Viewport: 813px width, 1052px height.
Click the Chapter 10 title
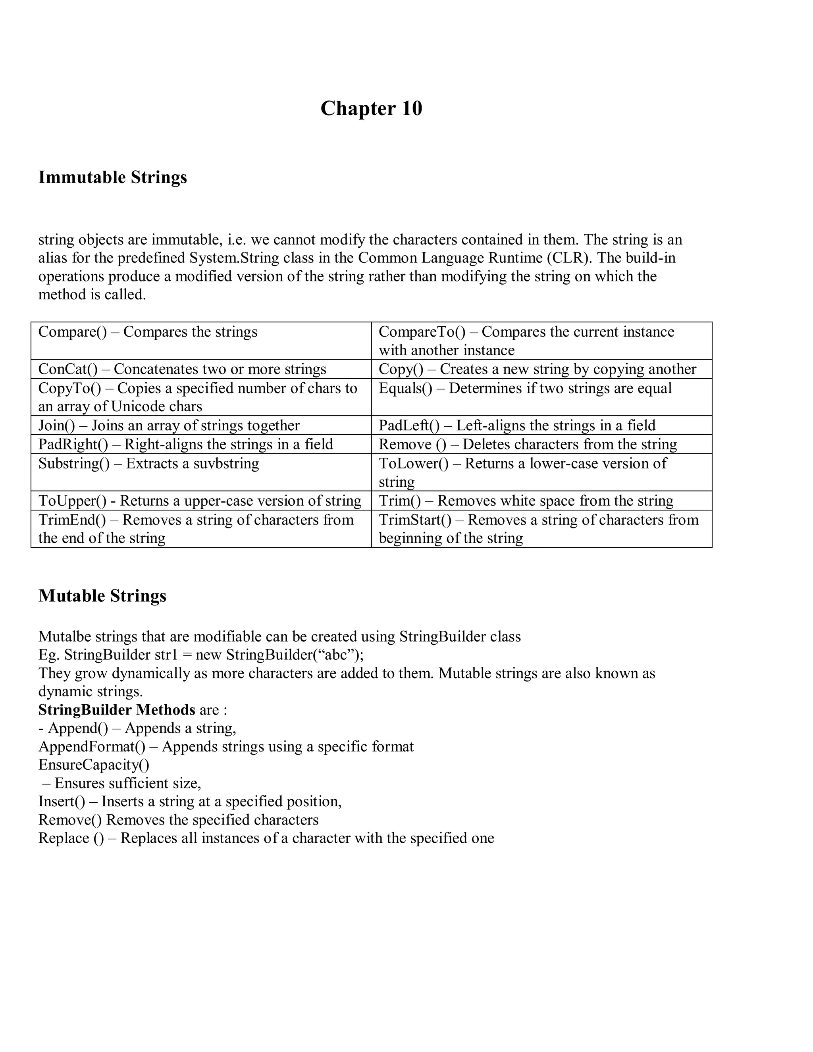click(x=371, y=108)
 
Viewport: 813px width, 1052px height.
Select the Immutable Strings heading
click(x=113, y=177)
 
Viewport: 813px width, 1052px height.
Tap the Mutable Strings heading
click(x=102, y=596)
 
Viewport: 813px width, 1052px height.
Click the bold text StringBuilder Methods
click(x=117, y=710)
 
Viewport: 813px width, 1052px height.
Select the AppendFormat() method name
click(x=92, y=747)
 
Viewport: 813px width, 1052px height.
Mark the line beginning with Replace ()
click(x=266, y=838)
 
